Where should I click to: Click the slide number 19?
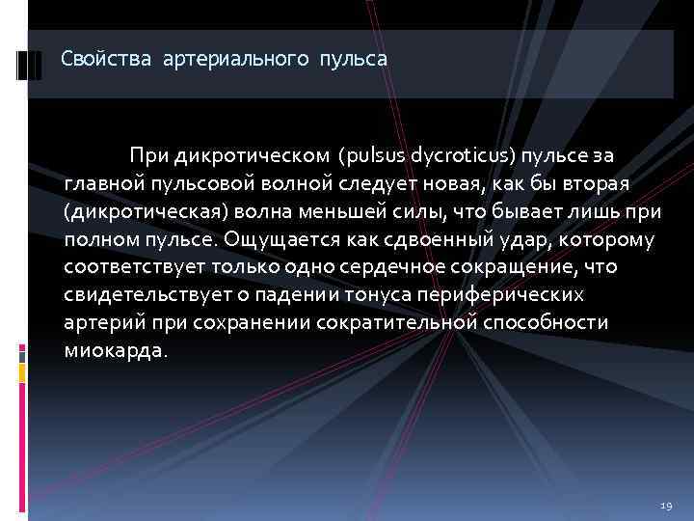click(x=665, y=506)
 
